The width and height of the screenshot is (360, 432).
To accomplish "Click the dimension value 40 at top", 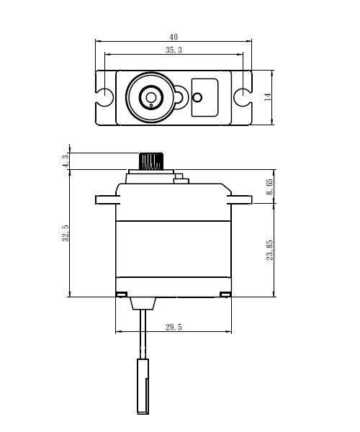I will point(174,36).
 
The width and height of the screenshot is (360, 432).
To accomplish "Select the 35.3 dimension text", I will point(174,50).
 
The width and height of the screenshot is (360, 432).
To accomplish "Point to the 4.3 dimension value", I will point(66,161).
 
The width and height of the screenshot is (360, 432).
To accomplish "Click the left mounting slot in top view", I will point(104,96).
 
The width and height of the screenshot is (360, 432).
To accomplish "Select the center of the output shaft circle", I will point(151,96).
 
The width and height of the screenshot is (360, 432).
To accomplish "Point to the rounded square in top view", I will point(204,96).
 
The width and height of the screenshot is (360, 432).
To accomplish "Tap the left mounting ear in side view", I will point(105,199).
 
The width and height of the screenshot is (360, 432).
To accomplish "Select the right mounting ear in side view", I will point(240,199).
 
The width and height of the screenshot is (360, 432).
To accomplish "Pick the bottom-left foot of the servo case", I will point(121,294).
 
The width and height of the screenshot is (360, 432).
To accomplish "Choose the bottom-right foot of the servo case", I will point(226,294).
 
